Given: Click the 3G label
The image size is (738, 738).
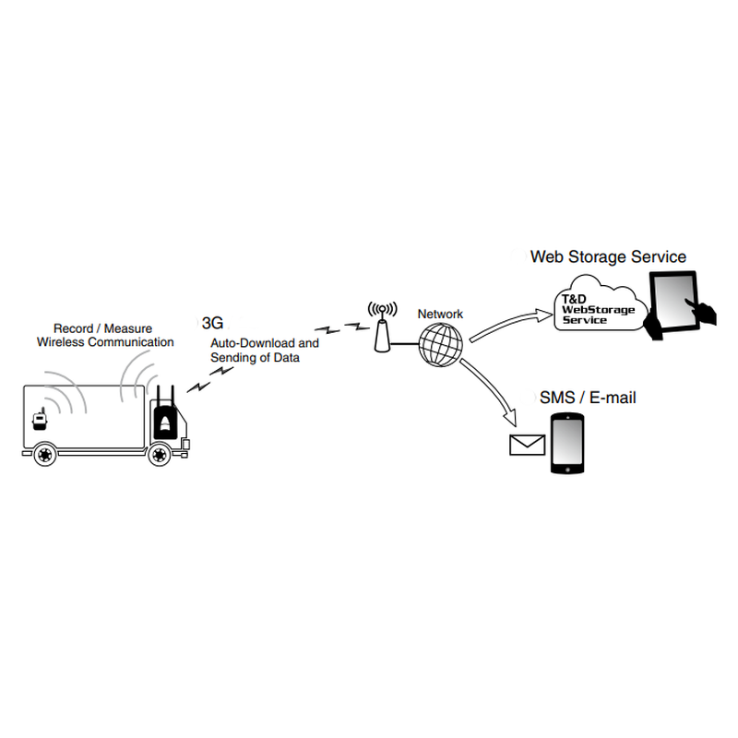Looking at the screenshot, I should point(212,324).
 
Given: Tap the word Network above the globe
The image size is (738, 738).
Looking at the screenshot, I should point(440,315).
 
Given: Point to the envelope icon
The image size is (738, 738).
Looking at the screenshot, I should point(528,445).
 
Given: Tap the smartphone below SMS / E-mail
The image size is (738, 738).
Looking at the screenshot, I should point(567,444).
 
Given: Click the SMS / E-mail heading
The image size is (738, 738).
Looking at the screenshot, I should point(588,399).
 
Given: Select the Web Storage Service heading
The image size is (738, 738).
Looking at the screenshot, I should point(608,256).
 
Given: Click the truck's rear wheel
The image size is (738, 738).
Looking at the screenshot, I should point(44,454).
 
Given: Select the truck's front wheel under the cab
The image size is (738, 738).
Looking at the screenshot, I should point(161,454).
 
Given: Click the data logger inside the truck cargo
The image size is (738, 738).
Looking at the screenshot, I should point(40,420).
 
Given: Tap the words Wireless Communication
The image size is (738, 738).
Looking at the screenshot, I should point(104,342).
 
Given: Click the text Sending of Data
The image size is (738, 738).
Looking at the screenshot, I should point(255,357).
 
